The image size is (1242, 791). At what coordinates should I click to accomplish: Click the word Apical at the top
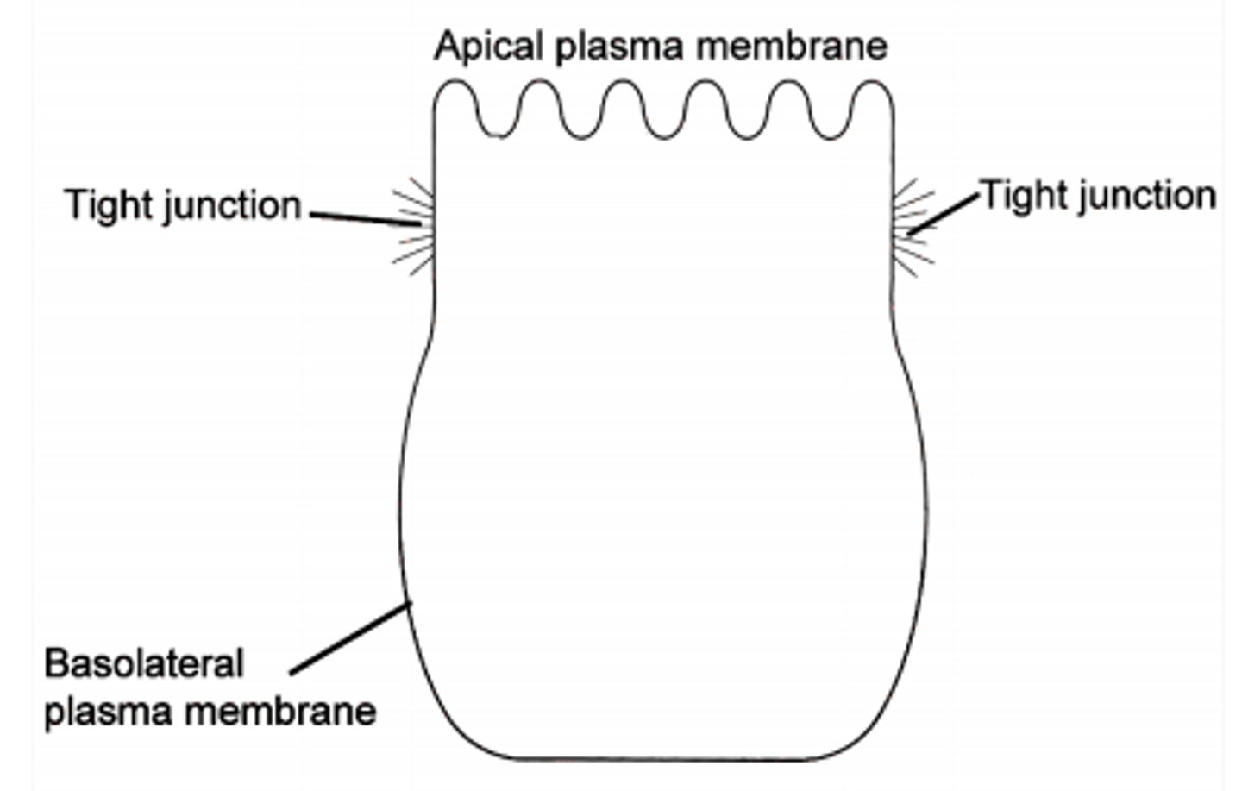pos(490,46)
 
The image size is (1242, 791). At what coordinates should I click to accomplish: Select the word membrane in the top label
pos(791,46)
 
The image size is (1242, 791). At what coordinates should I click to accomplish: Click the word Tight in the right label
pos(1024,196)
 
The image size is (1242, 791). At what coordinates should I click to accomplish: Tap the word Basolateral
pos(143,664)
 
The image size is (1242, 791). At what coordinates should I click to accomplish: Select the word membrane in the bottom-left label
pos(281,712)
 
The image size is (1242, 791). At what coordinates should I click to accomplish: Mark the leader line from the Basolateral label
pos(349,638)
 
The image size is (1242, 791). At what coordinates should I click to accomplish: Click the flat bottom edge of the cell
pos(664,759)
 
